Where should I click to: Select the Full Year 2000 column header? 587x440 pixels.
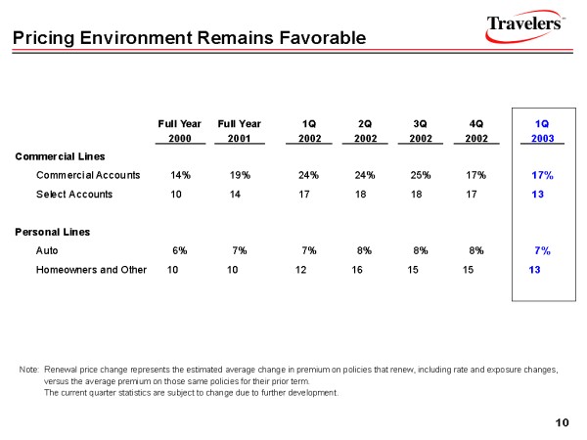coord(180,131)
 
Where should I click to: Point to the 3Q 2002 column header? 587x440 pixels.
coord(421,131)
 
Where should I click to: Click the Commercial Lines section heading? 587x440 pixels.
coord(59,155)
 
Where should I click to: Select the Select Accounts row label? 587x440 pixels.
coord(74,194)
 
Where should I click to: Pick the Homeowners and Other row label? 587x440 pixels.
coord(91,269)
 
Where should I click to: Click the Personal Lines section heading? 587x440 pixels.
coord(52,232)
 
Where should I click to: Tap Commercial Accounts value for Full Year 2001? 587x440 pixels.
coord(240,175)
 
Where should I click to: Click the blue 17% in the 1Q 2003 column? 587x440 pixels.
coord(542,175)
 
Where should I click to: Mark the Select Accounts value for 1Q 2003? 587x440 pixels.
coord(536,194)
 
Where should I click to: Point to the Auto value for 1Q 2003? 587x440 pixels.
coord(542,250)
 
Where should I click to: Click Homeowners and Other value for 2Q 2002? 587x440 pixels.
coord(357,269)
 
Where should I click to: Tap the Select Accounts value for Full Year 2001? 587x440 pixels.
coord(235,194)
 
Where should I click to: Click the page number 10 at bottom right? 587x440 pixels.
coord(561,421)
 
